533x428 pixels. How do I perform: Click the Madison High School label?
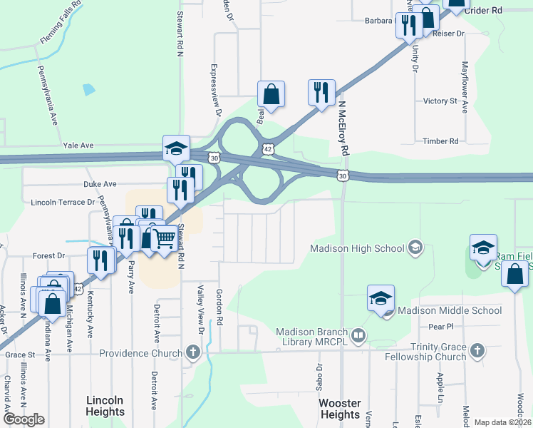[356, 248]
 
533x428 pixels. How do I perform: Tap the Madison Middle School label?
[449, 310]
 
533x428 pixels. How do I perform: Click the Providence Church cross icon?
[192, 352]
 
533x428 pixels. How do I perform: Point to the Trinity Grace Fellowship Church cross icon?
[477, 350]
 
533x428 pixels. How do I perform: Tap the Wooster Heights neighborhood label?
[340, 409]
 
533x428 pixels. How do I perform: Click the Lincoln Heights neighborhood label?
[105, 406]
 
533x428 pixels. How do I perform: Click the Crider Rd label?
[483, 11]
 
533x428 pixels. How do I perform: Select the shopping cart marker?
[165, 238]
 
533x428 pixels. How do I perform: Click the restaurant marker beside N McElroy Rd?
[321, 93]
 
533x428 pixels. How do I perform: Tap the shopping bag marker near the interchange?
[271, 93]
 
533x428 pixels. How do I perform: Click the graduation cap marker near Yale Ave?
[176, 148]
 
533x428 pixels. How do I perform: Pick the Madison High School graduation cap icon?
[415, 248]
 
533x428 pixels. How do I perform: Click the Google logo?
[24, 419]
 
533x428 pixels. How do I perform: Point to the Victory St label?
[440, 101]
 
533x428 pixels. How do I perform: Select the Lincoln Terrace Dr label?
[63, 203]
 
